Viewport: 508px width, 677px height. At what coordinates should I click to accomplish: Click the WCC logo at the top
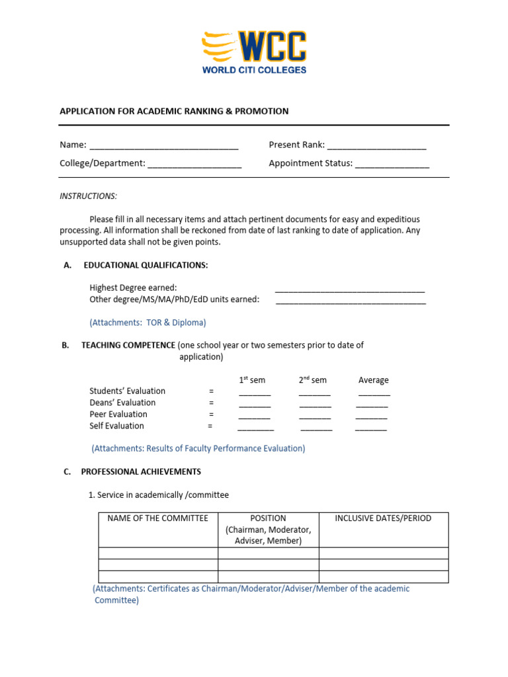tap(254, 52)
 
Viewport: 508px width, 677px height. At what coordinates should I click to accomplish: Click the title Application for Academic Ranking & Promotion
tap(174, 111)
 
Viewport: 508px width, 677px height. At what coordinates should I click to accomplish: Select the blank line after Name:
tap(163, 146)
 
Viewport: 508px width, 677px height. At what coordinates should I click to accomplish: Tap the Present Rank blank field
tap(376, 146)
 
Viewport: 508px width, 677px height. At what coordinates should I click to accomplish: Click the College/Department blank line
tap(194, 164)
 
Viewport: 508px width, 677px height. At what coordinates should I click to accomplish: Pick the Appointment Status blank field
tap(392, 164)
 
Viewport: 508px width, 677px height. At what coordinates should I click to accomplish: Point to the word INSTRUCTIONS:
tap(89, 196)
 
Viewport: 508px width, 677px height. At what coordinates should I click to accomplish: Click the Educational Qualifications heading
tap(146, 265)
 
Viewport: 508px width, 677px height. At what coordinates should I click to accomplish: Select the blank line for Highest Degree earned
tap(349, 289)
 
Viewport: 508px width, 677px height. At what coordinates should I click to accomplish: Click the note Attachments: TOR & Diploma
tap(148, 323)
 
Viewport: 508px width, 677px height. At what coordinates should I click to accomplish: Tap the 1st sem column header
tap(252, 380)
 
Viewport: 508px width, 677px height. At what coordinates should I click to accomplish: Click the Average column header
tap(373, 380)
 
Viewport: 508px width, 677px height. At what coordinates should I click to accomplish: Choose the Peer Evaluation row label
tap(118, 415)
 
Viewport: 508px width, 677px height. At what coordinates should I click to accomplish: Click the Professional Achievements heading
tap(141, 472)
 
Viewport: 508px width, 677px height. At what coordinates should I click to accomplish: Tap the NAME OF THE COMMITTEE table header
tap(157, 518)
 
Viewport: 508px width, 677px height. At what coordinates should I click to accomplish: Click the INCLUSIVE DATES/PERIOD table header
tap(383, 518)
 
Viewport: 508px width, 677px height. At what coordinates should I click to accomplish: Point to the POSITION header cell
tap(268, 529)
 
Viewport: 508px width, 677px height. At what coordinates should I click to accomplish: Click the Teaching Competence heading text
tap(128, 345)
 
